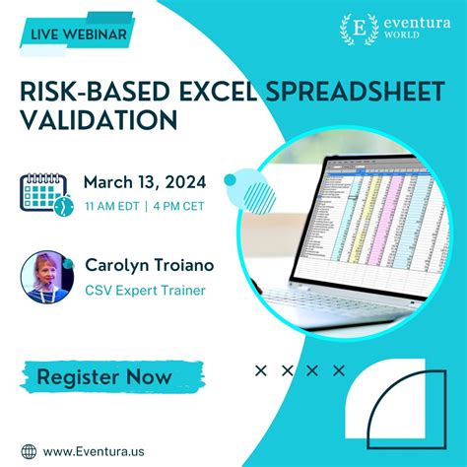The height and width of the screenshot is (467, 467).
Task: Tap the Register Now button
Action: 103,375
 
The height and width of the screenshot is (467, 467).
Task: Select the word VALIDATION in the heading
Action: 99,119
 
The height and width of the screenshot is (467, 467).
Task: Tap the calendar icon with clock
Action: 45,192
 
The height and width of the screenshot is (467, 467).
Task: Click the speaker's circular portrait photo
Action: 47,276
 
